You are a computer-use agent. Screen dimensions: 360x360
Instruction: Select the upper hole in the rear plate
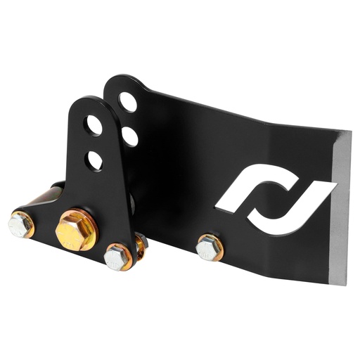pyautogui.click(x=128, y=103)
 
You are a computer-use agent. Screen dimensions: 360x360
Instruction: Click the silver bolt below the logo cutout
pyautogui.click(x=209, y=247)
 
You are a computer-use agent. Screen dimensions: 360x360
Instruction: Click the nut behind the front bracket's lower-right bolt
pyautogui.click(x=140, y=243)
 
